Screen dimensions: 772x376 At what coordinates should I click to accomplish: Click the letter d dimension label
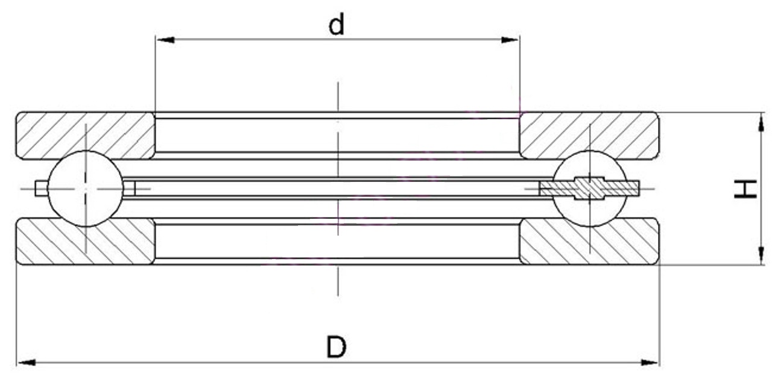pos(336,25)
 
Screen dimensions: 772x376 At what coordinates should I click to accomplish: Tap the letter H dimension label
pos(745,189)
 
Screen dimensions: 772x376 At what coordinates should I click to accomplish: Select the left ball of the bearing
pos(85,189)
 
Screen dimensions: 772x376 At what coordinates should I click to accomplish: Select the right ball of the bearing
pos(590,189)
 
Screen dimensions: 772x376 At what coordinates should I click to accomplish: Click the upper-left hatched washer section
pos(86,135)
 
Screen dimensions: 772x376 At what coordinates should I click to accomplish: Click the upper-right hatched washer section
pos(589,135)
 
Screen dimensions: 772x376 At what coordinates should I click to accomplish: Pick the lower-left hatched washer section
pos(86,241)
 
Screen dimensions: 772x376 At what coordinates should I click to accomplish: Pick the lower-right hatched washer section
pos(589,241)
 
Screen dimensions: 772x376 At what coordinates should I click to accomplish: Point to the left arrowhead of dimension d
pos(165,40)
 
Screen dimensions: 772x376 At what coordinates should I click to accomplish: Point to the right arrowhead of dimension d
pos(510,40)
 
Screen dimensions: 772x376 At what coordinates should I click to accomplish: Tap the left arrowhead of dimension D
pos(27,363)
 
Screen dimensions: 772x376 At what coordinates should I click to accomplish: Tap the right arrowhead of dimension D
pos(650,363)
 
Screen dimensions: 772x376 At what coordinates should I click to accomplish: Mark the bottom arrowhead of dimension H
pos(761,255)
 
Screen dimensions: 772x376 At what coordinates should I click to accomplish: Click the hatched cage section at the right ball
pos(590,189)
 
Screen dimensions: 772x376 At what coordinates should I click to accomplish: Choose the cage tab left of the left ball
pos(41,189)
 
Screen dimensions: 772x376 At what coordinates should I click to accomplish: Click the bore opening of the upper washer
pos(337,135)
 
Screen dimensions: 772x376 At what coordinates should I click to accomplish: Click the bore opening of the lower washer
pos(337,241)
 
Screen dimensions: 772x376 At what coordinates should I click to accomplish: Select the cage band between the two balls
pos(337,189)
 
